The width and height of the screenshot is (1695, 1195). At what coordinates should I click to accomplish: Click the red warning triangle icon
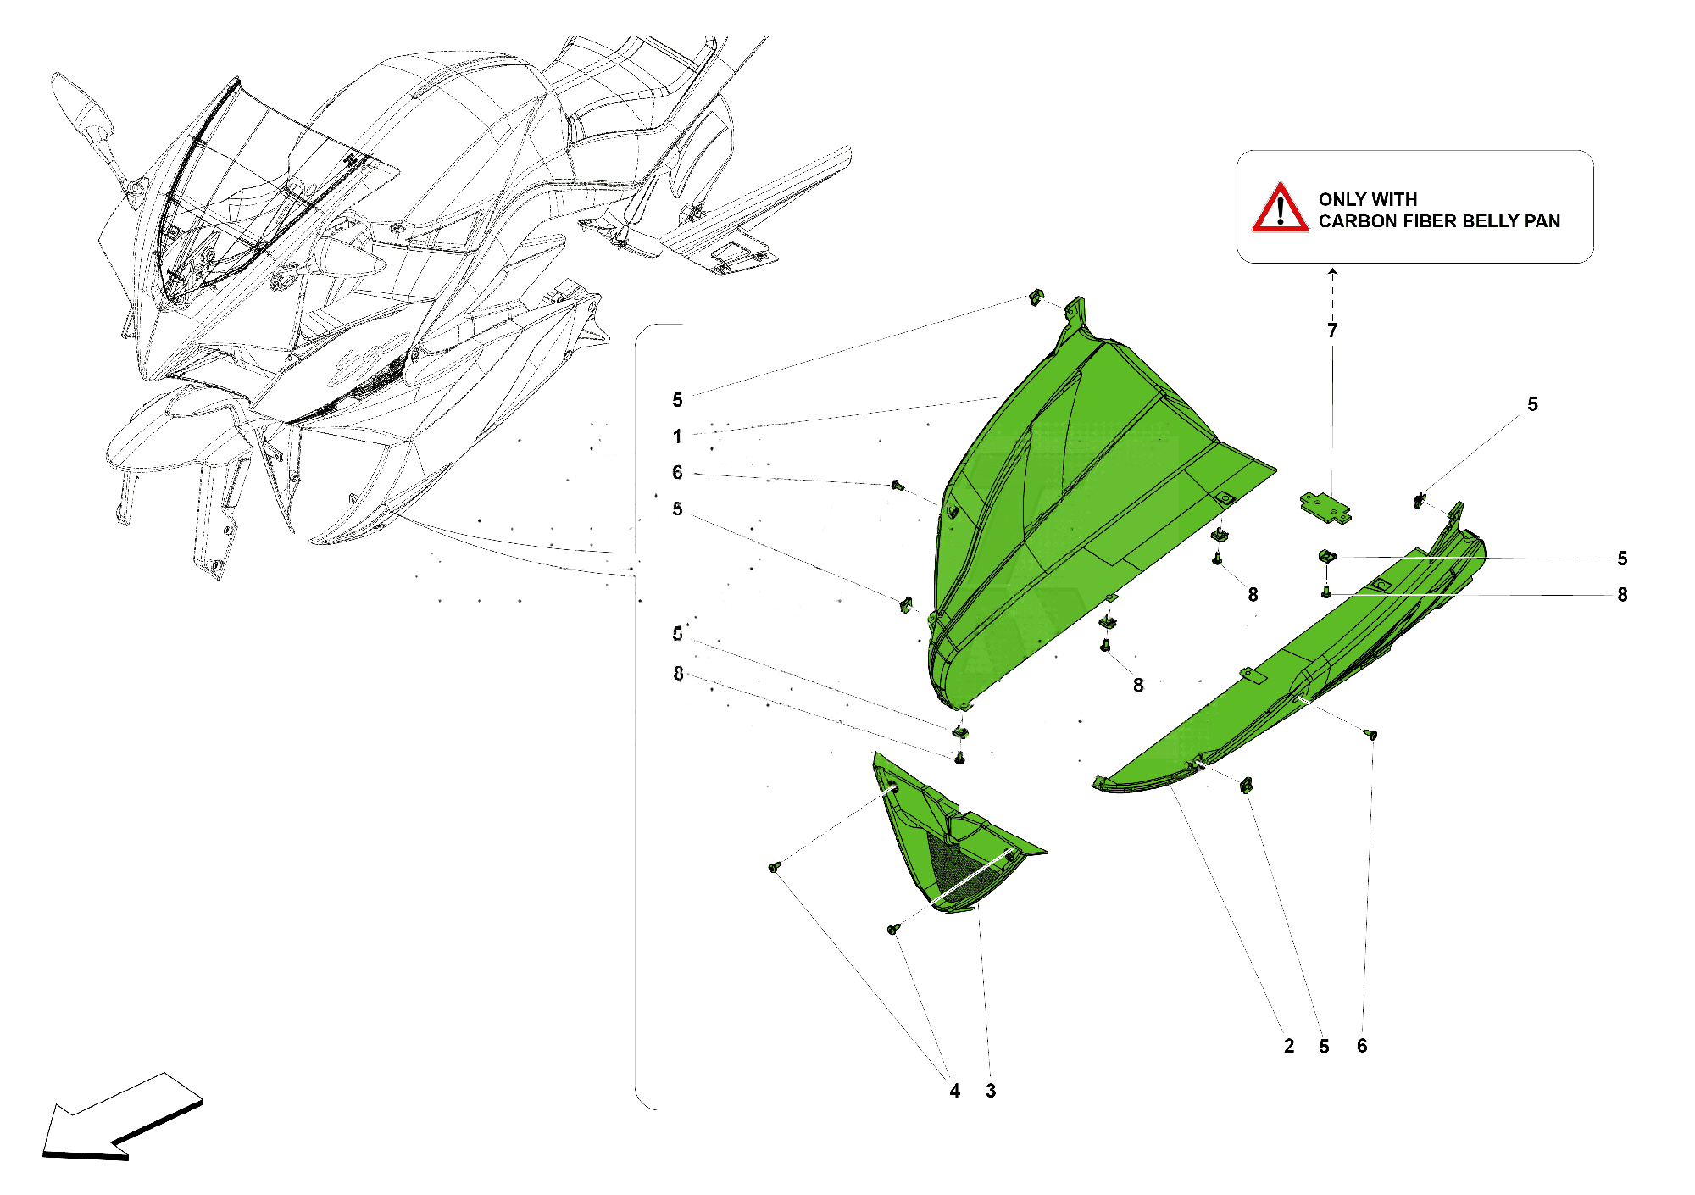(1280, 208)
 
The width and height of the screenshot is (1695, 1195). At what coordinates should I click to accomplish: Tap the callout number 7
(1332, 331)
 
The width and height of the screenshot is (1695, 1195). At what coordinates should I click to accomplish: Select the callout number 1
(677, 436)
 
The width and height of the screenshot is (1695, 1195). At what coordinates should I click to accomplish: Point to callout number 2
(1289, 1046)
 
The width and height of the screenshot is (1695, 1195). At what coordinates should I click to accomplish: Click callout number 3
(991, 1091)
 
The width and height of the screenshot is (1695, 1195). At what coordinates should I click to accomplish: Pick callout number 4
(955, 1091)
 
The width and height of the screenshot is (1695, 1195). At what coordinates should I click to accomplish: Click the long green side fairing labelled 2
(1288, 678)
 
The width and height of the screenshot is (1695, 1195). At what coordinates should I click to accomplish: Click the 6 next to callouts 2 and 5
(1362, 1046)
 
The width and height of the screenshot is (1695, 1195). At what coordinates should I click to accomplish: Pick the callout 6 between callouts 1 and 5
(677, 472)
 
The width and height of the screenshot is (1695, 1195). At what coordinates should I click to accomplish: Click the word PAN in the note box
(1542, 221)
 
